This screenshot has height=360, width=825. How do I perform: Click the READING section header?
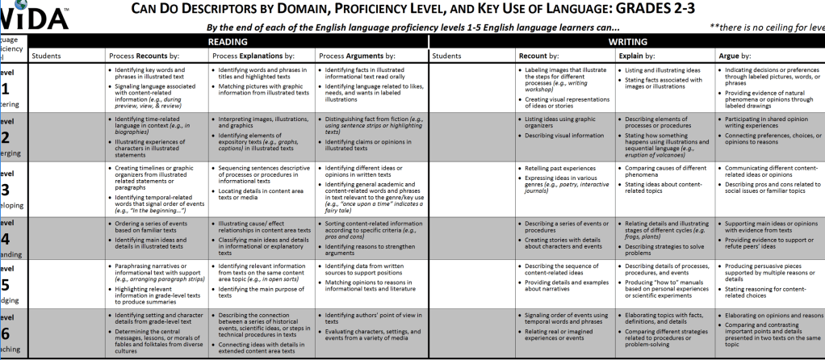coord(228,40)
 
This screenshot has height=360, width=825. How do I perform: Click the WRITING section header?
coord(626,40)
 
